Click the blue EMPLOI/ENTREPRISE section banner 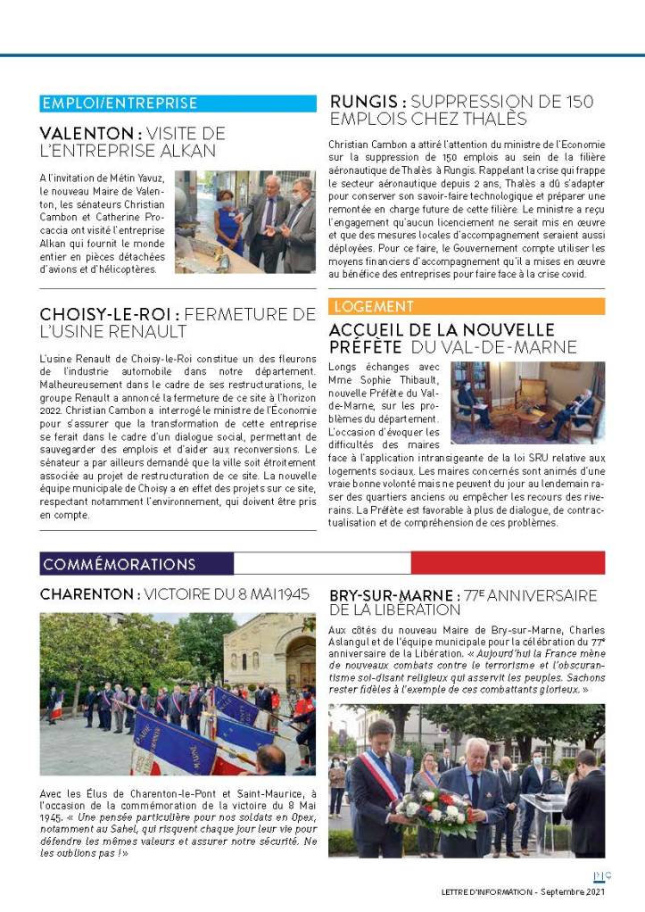pos(178,104)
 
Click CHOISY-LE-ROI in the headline pos(111,314)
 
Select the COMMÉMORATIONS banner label pos(120,564)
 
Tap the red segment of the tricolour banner pos(507,563)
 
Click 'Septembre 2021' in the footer pos(574,891)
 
